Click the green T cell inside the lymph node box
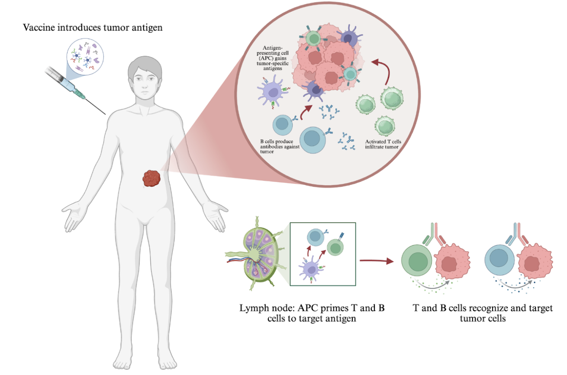(x=335, y=247)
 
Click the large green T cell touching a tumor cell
(x=416, y=261)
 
